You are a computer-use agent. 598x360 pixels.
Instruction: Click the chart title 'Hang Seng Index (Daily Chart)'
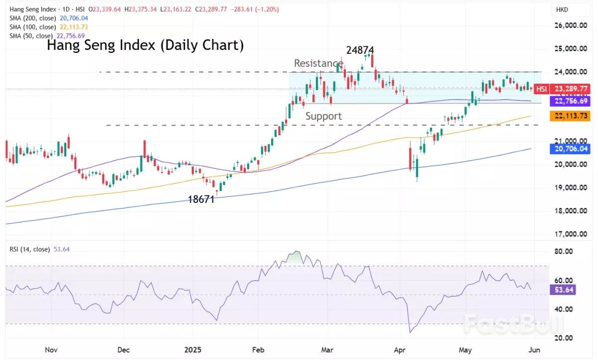pos(145,46)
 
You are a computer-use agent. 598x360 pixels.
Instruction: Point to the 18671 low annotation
pos(201,199)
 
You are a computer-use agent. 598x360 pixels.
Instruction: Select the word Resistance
pos(318,63)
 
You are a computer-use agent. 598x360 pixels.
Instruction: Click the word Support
pos(323,116)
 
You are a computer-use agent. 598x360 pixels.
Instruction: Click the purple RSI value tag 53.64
pos(565,289)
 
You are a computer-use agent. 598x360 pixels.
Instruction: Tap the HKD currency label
pos(563,10)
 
